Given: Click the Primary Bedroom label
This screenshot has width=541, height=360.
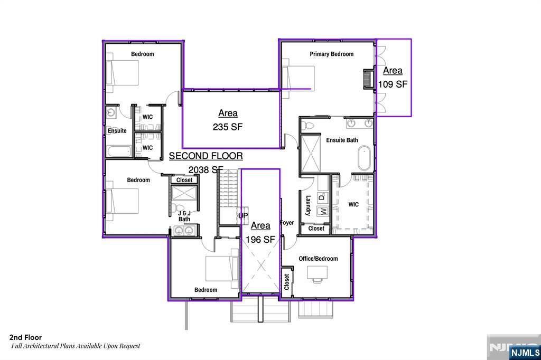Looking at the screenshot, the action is click(332, 54).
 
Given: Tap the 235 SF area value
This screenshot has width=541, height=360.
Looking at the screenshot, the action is click(228, 127).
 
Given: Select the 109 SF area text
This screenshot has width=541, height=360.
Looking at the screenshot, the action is click(393, 84).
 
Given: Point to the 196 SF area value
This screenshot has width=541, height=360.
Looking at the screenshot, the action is click(260, 239).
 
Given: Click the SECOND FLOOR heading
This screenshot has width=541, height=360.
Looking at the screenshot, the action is click(206, 156).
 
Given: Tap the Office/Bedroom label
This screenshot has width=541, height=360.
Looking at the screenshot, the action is click(318, 259).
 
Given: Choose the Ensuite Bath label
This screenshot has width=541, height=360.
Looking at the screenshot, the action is click(342, 140).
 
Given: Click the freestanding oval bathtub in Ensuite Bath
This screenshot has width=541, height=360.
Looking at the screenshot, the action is click(365, 158).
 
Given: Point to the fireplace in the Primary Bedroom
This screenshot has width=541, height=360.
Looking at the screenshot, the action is click(369, 80).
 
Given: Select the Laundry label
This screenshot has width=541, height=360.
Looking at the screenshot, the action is click(309, 206).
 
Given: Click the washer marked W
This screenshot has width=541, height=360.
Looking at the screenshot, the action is click(323, 211).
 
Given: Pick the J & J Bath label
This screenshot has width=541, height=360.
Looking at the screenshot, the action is click(184, 216).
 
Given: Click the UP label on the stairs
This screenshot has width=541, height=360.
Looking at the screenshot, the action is click(243, 215).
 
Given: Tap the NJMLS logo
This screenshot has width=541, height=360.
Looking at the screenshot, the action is click(525, 353).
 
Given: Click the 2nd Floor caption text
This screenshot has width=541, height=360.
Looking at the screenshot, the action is click(25, 337).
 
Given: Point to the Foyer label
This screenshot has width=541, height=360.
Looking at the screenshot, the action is click(287, 223).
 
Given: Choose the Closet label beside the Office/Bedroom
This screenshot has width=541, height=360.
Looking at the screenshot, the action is click(287, 282).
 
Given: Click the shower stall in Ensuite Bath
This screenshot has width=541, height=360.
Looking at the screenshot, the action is click(311, 154).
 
